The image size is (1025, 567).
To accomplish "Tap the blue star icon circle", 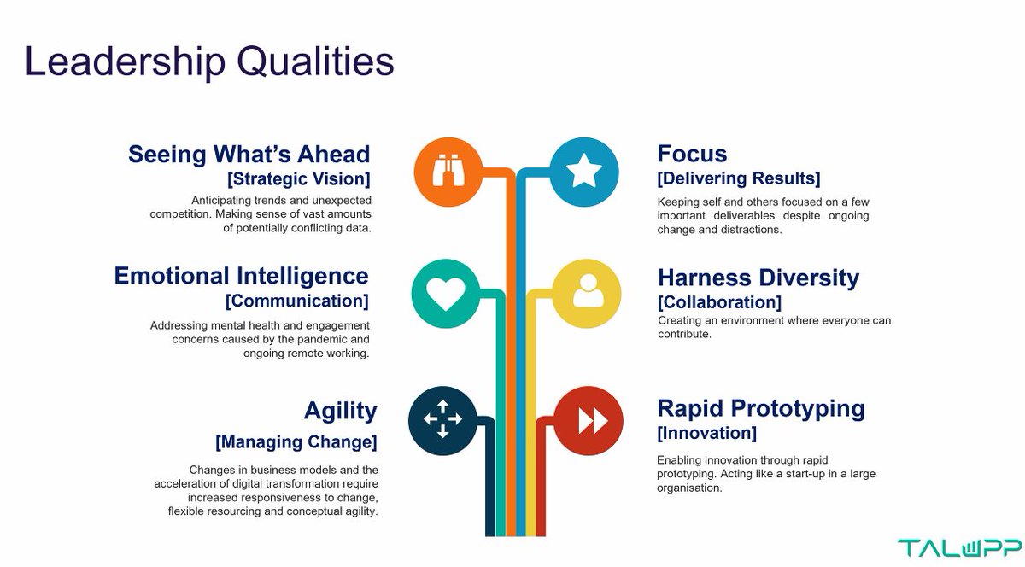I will (584, 172).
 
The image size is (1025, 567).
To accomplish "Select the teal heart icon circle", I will (446, 295).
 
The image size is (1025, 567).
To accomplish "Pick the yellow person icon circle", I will (588, 295).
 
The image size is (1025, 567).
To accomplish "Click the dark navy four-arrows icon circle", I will (442, 418).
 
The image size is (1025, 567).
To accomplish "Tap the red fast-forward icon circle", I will (589, 420).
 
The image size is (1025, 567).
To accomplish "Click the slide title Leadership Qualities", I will (209, 62).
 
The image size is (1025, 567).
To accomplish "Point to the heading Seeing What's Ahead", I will (249, 154).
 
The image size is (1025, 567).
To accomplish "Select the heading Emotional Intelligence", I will (242, 276).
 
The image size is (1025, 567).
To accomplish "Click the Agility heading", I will (340, 411).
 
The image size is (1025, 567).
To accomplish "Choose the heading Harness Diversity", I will (758, 278).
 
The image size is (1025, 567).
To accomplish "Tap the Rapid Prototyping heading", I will (760, 407).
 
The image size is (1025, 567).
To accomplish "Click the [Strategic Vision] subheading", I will (298, 179).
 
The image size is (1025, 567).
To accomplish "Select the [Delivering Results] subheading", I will (738, 178).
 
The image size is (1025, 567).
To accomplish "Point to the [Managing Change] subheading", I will (296, 442).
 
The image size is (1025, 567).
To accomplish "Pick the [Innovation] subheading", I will (706, 433).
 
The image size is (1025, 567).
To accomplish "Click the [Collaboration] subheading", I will (718, 302).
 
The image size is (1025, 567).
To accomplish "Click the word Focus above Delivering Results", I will (692, 154).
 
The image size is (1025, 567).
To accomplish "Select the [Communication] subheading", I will (296, 301).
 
